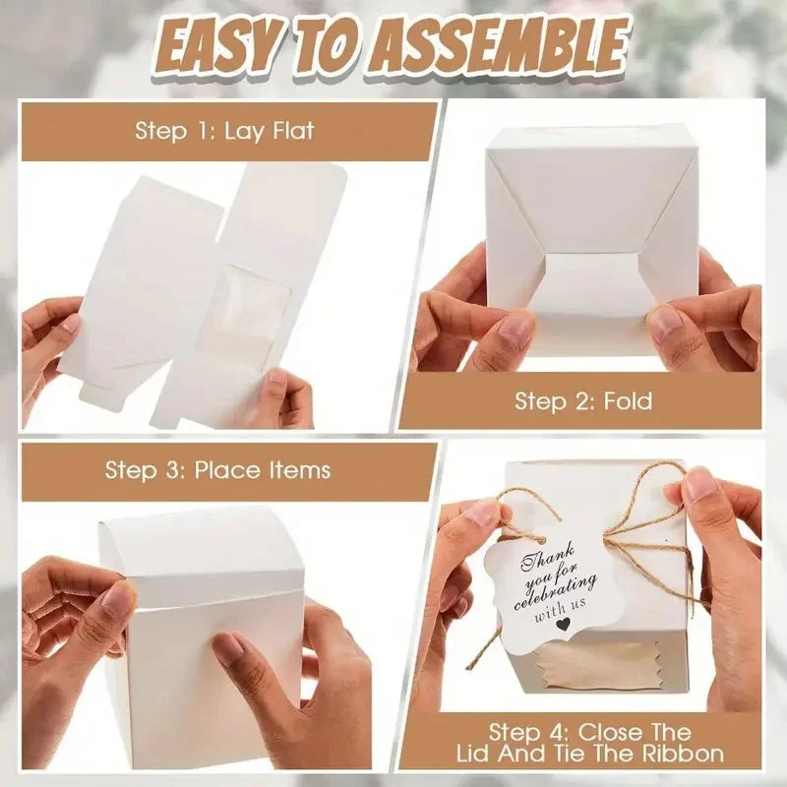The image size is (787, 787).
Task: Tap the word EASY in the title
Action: tap(228, 44)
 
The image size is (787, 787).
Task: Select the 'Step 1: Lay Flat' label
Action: tap(224, 131)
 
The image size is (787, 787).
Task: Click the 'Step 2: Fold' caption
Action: tap(583, 400)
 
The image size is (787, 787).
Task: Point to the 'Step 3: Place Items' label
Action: tap(217, 469)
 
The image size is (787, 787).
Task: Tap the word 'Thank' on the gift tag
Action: tap(534, 557)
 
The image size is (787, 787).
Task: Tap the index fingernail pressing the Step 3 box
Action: tap(229, 646)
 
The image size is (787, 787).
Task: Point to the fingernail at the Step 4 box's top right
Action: tap(700, 485)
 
